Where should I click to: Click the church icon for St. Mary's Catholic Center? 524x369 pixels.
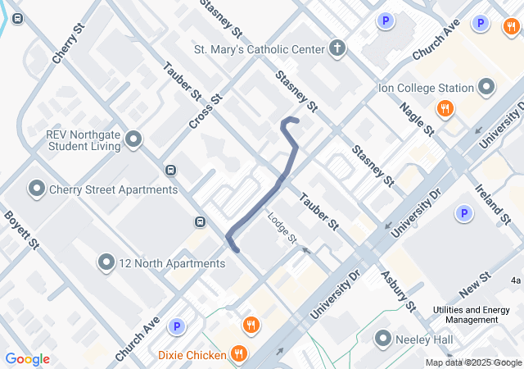pyautogui.click(x=337, y=48)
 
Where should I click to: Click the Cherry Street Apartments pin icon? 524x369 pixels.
pyautogui.click(x=37, y=189)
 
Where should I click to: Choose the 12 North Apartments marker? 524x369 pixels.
pyautogui.click(x=106, y=263)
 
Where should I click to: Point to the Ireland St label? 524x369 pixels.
pyautogui.click(x=492, y=203)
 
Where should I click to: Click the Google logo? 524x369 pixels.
pyautogui.click(x=27, y=359)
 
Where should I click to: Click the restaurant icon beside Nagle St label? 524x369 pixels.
pyautogui.click(x=445, y=107)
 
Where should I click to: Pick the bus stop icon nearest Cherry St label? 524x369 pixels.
pyautogui.click(x=18, y=18)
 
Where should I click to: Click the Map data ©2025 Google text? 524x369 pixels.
pyautogui.click(x=472, y=362)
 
